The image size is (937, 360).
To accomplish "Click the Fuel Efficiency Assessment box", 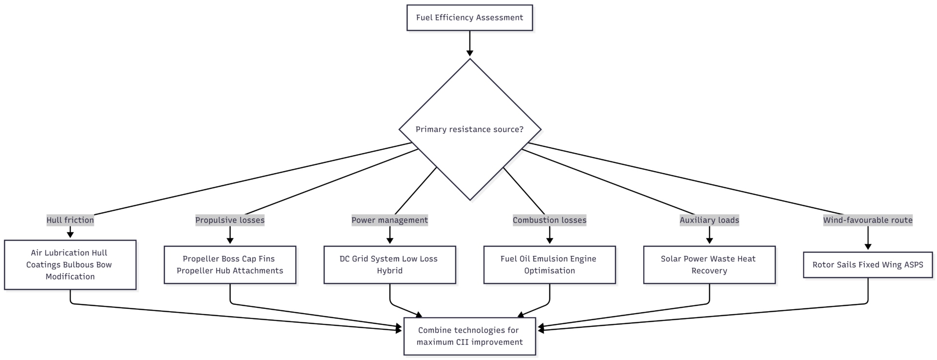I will [469, 18].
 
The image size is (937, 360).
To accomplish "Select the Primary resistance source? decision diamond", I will [469, 129].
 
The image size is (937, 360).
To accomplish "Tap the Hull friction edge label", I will [70, 220].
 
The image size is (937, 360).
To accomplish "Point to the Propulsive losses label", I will [230, 220].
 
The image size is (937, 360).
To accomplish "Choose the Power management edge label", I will [389, 220].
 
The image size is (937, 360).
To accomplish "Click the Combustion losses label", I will [550, 220].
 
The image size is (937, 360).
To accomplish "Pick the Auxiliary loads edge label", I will [709, 220].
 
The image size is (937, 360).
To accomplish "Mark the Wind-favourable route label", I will [868, 220].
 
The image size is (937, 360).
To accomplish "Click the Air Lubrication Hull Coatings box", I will [70, 265].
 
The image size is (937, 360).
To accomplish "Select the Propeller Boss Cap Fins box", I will [230, 265].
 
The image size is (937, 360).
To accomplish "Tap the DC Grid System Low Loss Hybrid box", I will [389, 265].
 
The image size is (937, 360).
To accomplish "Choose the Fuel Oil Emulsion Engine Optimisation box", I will [550, 265].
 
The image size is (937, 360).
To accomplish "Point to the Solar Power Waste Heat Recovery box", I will [709, 265].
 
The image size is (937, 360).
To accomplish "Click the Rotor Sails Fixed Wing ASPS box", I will [868, 265].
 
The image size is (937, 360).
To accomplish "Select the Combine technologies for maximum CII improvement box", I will [469, 336].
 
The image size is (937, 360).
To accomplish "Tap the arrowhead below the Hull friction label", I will [70, 235].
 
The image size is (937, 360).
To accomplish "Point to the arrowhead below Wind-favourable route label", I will [868, 247].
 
